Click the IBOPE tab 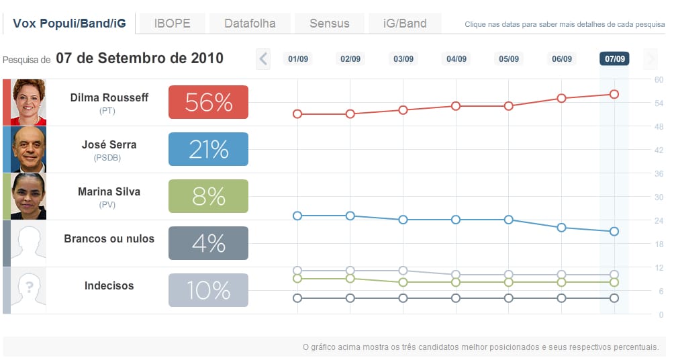click(x=172, y=24)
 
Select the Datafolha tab click(x=250, y=24)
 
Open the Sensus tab click(x=329, y=24)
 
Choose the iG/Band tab click(x=405, y=24)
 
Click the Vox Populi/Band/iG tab click(x=68, y=24)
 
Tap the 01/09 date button click(x=297, y=59)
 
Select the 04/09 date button click(x=456, y=59)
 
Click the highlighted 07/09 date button click(x=614, y=59)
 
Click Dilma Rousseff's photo click(x=28, y=102)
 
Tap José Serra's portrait click(x=28, y=149)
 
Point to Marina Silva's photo click(x=28, y=196)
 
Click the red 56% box click(x=208, y=102)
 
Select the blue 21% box click(x=208, y=149)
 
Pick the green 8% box click(x=208, y=196)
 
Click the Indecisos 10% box click(x=208, y=290)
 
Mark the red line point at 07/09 click(x=614, y=94)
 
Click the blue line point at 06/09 click(x=561, y=228)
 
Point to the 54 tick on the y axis click(x=659, y=103)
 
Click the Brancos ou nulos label click(x=109, y=238)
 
